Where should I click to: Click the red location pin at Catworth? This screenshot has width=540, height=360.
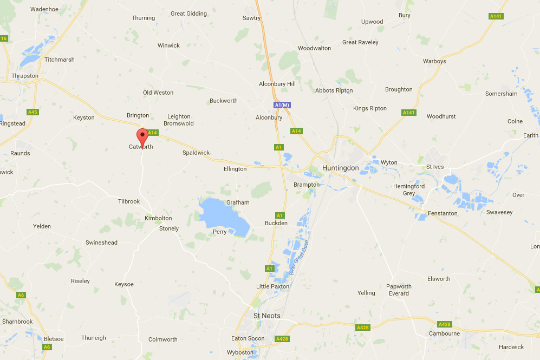click(x=142, y=134)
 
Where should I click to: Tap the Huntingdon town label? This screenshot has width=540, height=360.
click(x=340, y=168)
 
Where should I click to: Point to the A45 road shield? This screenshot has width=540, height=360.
click(x=33, y=112)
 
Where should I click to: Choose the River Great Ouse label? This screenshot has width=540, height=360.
click(x=298, y=258)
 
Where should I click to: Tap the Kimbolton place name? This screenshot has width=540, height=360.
click(x=158, y=218)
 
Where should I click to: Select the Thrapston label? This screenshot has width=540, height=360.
click(x=25, y=76)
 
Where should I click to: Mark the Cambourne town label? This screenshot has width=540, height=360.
click(x=445, y=333)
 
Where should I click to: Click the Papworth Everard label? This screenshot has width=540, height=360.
click(x=399, y=290)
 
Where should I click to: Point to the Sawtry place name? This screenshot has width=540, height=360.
click(x=252, y=18)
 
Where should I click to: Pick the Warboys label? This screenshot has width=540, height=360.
click(x=434, y=61)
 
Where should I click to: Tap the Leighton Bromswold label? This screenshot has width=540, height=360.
click(x=179, y=120)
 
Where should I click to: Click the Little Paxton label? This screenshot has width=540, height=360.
click(x=272, y=286)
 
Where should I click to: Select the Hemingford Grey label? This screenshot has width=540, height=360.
click(x=409, y=189)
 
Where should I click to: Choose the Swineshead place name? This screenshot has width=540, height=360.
click(x=101, y=243)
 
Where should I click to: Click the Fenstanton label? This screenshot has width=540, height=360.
click(x=443, y=213)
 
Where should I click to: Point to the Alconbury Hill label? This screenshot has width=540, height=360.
click(x=277, y=84)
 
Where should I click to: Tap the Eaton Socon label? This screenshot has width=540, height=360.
click(x=248, y=338)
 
